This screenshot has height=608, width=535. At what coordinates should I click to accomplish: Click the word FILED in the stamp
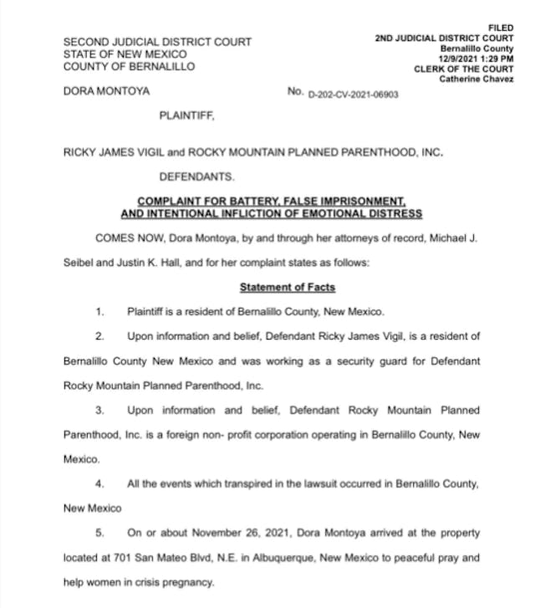pyautogui.click(x=500, y=28)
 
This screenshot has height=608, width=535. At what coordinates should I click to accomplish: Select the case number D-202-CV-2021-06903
pyautogui.click(x=354, y=95)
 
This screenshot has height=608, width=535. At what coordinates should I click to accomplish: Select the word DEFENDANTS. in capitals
pyautogui.click(x=197, y=177)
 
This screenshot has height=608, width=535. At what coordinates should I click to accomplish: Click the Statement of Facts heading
pyautogui.click(x=288, y=287)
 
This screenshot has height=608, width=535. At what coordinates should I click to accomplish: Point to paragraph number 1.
pyautogui.click(x=99, y=312)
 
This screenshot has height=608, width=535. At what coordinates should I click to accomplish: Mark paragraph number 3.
pyautogui.click(x=99, y=410)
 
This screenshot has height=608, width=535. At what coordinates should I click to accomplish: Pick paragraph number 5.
pyautogui.click(x=99, y=532)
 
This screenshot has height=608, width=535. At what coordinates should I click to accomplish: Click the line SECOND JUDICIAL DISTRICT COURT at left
pyautogui.click(x=157, y=42)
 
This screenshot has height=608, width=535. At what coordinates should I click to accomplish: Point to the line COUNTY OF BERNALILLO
pyautogui.click(x=129, y=67)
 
